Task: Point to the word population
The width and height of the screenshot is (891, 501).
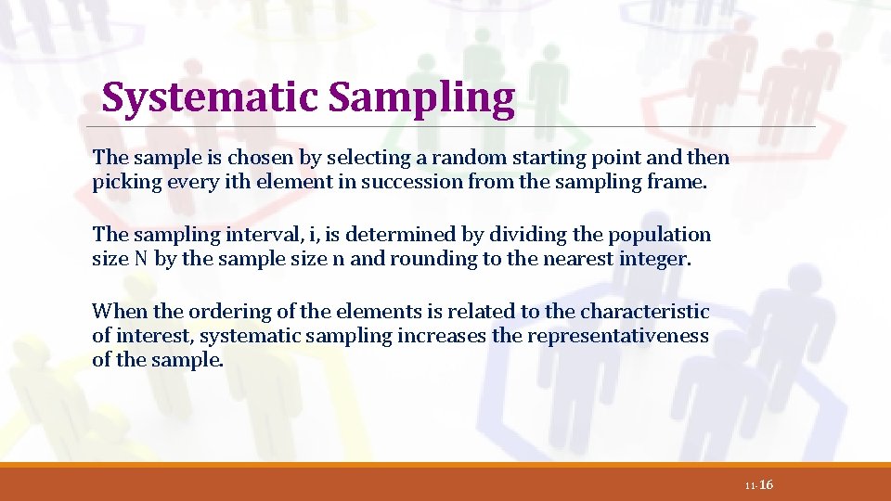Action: click(662, 236)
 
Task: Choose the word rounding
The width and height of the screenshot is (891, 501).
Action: click(433, 260)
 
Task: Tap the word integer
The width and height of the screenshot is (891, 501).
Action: click(656, 260)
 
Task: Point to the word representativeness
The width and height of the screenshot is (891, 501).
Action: click(618, 336)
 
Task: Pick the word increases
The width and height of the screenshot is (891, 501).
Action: click(442, 336)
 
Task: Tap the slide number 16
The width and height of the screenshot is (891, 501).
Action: click(766, 485)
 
